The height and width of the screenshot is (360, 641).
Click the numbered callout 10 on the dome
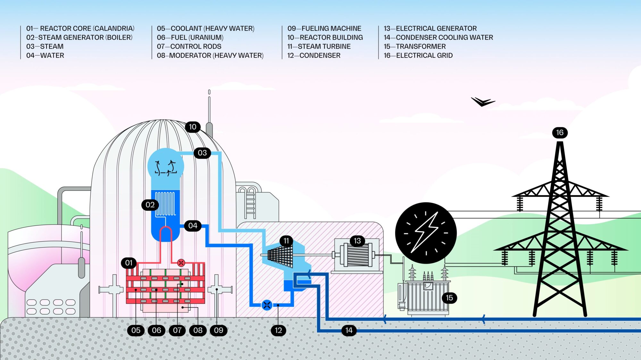click(193, 127)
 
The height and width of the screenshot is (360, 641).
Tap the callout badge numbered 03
click(202, 153)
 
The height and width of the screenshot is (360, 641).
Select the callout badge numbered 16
click(560, 133)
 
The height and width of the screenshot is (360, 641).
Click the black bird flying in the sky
click(483, 102)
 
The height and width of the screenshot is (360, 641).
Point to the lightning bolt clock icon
click(426, 233)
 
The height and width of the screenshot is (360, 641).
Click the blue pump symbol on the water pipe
click(267, 305)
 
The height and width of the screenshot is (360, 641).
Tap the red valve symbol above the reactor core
click(181, 263)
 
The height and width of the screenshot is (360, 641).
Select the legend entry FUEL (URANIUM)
click(190, 37)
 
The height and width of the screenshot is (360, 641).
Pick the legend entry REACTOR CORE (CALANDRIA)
click(80, 29)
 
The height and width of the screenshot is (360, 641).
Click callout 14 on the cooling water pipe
click(349, 330)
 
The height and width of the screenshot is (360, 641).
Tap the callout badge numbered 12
click(278, 330)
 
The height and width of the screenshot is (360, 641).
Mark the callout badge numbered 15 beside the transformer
click(449, 298)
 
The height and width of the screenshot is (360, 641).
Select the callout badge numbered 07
click(177, 330)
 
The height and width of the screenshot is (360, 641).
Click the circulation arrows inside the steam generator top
click(165, 168)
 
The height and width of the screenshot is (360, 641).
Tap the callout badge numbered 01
click(129, 263)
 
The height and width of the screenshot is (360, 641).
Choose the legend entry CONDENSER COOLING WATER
click(438, 37)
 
